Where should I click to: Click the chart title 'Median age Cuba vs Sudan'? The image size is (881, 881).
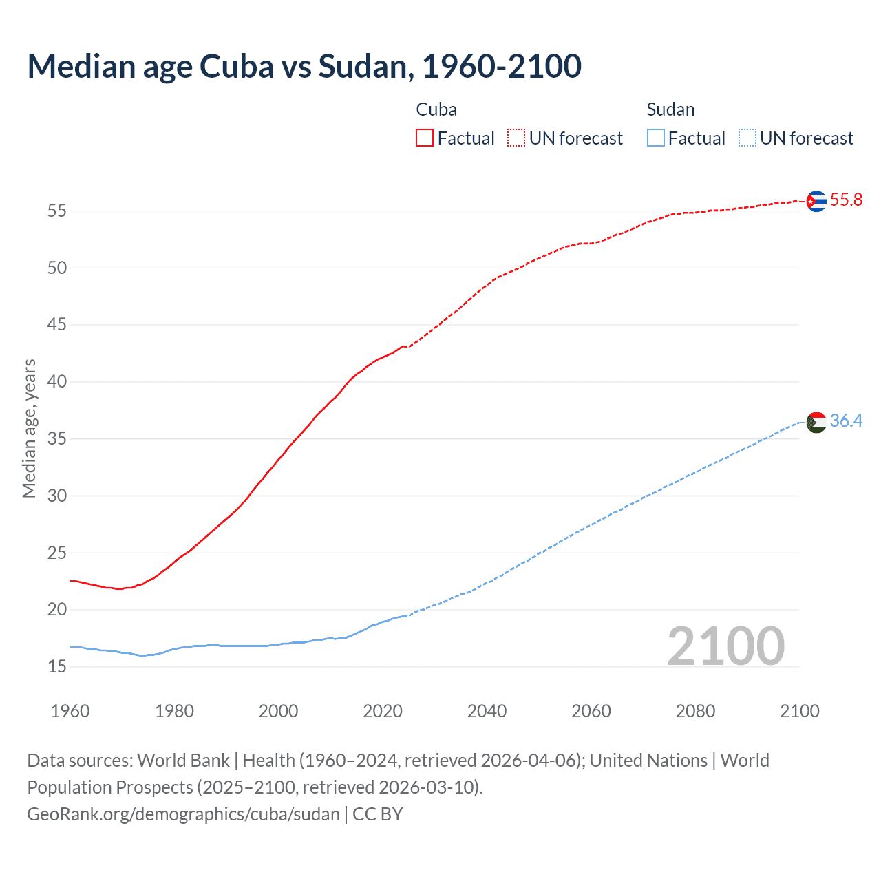point(304,67)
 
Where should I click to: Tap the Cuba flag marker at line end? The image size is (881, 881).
point(816,201)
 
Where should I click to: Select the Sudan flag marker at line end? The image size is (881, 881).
point(816,422)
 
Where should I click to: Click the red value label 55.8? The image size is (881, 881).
point(846,200)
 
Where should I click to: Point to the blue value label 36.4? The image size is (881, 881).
point(846,421)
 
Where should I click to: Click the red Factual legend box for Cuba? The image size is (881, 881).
point(425,138)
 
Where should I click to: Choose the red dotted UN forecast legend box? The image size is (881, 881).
point(516,138)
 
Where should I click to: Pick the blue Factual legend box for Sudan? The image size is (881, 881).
point(656,138)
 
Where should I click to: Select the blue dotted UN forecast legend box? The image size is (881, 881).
point(747,138)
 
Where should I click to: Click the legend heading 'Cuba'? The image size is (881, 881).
point(436,109)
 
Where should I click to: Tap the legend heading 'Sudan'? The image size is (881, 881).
point(670,109)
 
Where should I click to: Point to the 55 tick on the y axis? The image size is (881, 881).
point(57,211)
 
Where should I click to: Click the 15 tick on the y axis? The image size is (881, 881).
point(57,666)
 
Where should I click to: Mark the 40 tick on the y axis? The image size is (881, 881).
point(57,381)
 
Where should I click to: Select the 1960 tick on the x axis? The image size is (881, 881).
point(70,711)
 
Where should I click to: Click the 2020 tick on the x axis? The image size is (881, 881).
point(383,711)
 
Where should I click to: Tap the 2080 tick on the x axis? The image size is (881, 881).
point(695,711)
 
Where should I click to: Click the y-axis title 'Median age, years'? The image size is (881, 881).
point(29,428)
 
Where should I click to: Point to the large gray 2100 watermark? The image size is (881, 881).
point(725,646)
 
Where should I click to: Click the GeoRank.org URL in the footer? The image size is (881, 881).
point(183,814)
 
